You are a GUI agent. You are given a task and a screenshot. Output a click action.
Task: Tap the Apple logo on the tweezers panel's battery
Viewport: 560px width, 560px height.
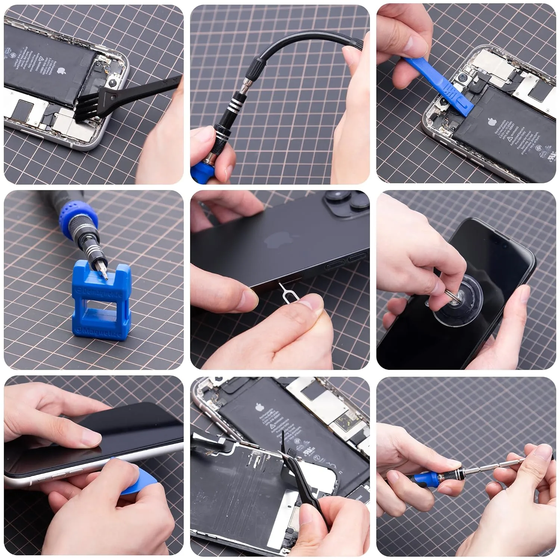click(x=259, y=407)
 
